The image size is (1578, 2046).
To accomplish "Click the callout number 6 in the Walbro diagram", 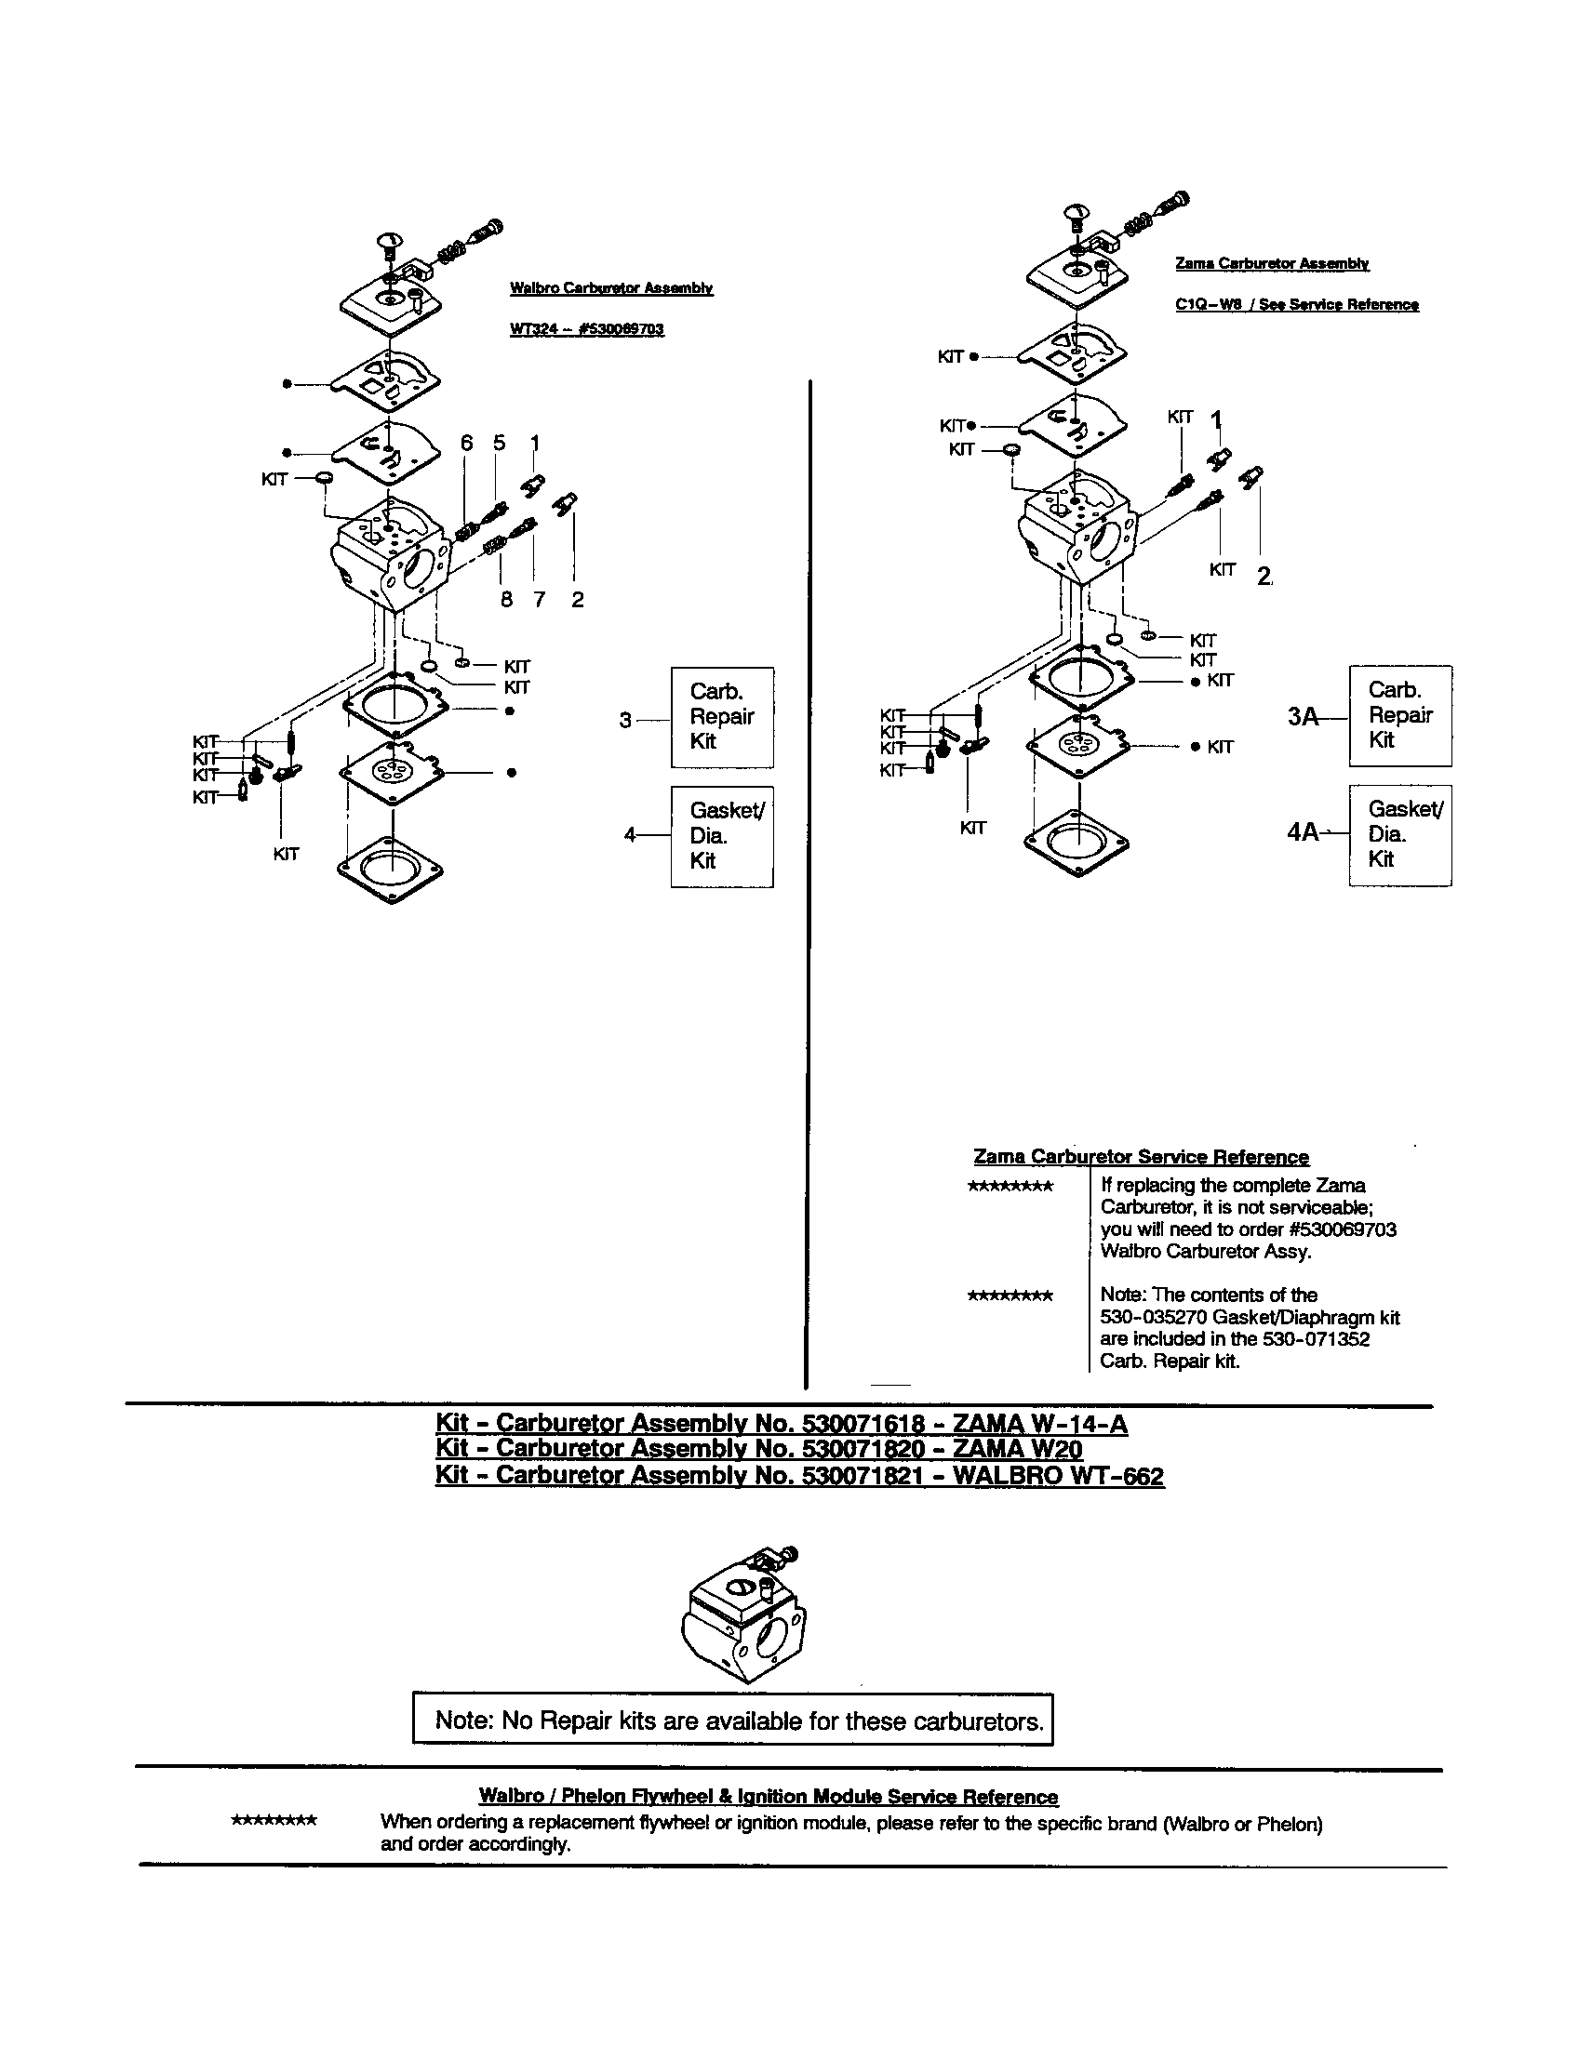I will (467, 443).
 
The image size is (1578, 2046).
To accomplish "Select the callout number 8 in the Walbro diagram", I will (506, 600).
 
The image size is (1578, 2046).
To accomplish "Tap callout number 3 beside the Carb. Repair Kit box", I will (625, 720).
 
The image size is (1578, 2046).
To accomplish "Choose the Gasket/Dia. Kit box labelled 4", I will (721, 836).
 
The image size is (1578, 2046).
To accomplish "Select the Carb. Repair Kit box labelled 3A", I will (1400, 716).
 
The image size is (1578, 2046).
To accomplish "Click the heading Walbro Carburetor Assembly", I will (611, 288).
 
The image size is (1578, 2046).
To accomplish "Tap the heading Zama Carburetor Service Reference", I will (1141, 1157).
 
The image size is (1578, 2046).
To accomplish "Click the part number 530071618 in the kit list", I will (863, 1424).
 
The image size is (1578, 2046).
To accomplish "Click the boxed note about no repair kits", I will (733, 1720).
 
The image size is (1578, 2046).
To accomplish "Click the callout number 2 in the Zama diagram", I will (1264, 578).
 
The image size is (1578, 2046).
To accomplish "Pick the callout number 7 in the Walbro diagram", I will (539, 600).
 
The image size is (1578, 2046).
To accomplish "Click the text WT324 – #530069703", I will (586, 330).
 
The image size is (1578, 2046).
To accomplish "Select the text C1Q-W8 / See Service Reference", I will (1296, 304).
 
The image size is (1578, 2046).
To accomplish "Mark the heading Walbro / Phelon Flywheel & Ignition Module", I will (768, 1797).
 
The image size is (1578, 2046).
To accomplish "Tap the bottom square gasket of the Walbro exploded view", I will (391, 868).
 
